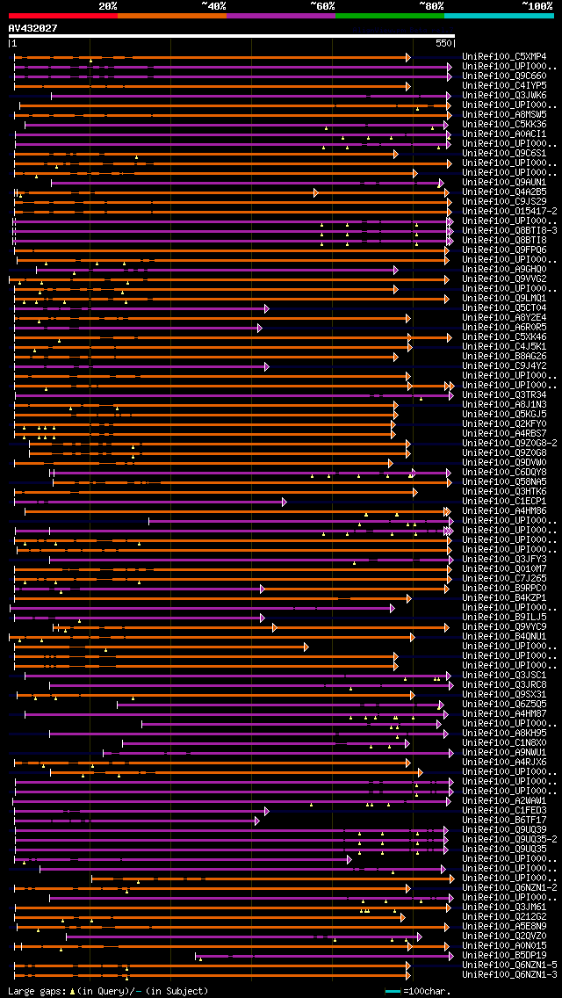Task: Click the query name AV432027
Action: [33, 28]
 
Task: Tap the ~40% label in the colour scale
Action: [213, 6]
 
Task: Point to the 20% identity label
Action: [108, 6]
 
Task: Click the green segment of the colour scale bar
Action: [389, 16]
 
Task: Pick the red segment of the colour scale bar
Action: [62, 16]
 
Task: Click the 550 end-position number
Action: [443, 42]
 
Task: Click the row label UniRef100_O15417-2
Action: [509, 212]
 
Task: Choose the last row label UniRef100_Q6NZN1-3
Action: [509, 975]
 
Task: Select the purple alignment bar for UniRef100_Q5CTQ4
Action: [140, 308]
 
